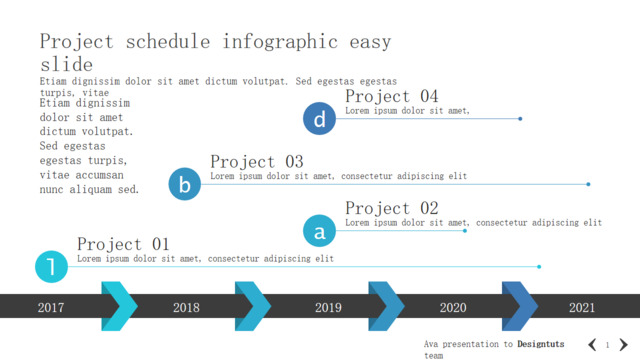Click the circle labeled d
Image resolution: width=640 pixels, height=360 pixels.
tap(319, 118)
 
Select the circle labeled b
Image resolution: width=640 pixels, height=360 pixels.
tap(184, 184)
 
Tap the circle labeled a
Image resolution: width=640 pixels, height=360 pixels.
tap(319, 231)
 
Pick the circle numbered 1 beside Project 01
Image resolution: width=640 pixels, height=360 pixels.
tap(51, 267)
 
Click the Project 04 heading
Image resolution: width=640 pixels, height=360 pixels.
tap(391, 97)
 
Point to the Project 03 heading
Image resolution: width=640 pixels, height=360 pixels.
tap(257, 162)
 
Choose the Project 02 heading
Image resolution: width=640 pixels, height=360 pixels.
tap(391, 209)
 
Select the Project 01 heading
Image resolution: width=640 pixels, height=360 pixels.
tap(123, 244)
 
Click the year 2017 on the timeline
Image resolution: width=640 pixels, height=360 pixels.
tap(51, 307)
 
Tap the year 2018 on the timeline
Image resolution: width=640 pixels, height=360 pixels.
tap(186, 307)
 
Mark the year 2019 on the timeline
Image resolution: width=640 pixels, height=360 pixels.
tap(328, 307)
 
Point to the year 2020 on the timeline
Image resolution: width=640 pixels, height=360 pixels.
tap(453, 307)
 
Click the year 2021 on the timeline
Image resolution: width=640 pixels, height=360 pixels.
tap(582, 307)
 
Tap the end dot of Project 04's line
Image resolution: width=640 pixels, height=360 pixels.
tap(520, 119)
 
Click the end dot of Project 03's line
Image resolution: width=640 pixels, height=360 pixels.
tap(588, 184)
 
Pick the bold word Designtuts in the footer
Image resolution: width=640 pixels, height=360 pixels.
tap(541, 344)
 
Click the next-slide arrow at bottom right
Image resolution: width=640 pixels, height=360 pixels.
tap(623, 344)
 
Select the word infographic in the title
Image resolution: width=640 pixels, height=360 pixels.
tap(280, 42)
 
